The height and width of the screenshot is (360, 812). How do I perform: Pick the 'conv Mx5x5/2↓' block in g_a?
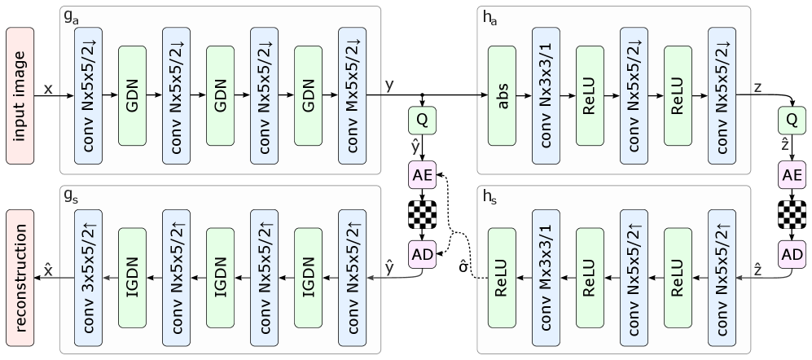[x=352, y=94]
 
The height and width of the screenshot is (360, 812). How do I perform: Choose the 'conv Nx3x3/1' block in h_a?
[x=546, y=94]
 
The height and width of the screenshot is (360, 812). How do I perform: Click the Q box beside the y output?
[x=422, y=120]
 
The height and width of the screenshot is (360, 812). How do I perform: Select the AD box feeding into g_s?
[x=422, y=253]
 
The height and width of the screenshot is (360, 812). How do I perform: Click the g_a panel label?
[x=70, y=15]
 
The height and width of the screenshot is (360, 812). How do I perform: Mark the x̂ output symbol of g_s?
[x=48, y=270]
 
